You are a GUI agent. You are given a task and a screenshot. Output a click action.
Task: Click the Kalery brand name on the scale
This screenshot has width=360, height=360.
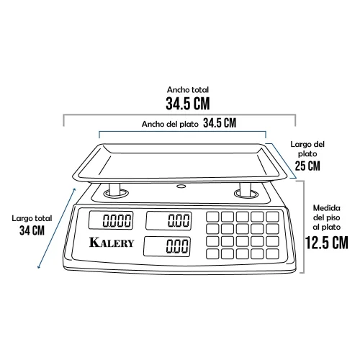point(112,243)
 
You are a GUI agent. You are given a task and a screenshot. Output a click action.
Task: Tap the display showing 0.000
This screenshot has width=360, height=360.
point(111,220)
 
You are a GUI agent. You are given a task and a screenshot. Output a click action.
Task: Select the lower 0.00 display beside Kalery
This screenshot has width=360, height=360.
point(167,246)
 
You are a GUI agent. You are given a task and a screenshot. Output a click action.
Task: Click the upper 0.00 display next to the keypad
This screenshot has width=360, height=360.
point(168,220)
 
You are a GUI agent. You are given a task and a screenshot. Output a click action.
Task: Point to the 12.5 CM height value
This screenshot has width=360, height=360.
point(327,243)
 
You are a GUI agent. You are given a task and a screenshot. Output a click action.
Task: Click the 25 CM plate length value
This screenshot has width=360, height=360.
point(307,166)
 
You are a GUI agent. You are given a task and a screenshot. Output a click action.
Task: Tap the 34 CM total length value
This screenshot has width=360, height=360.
point(32,230)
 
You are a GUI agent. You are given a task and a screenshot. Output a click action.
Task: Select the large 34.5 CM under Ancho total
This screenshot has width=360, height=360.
point(188,104)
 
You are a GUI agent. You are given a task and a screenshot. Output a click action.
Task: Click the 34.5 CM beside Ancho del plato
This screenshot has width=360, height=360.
point(220,123)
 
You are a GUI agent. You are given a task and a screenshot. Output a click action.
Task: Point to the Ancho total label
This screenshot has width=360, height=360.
point(188,90)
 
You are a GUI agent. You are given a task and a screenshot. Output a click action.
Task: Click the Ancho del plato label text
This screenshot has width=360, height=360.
point(170,124)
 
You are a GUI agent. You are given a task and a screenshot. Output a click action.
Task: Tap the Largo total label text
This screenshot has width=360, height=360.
point(32,218)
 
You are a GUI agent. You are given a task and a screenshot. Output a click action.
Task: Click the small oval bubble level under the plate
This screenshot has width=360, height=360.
point(181,186)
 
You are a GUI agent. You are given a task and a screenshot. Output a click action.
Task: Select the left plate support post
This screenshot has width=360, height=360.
point(114,189)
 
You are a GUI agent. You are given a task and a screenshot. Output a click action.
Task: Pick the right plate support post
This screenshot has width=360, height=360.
point(246,189)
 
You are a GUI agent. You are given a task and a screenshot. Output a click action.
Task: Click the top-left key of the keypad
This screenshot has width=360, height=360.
point(212,217)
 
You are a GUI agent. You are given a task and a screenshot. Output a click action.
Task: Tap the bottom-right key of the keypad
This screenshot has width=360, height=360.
point(272,254)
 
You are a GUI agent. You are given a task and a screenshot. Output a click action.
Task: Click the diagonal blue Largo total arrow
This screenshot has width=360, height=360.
point(57,228)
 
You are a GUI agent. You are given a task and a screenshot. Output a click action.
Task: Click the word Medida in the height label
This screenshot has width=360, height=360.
point(326,208)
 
